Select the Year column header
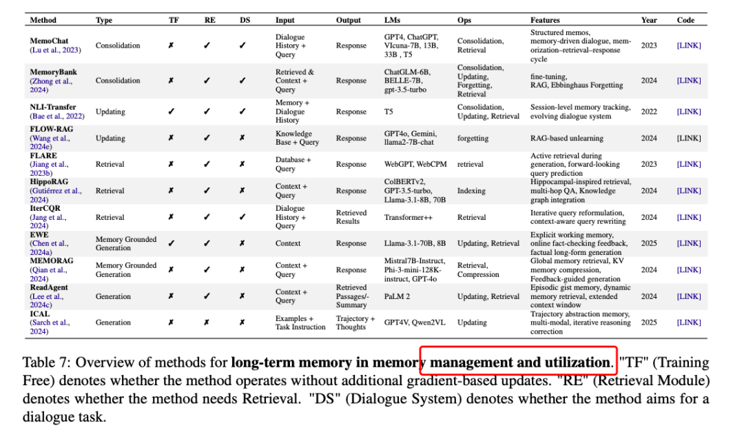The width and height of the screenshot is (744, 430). [649, 20]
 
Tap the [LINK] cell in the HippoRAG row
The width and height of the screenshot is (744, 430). [689, 191]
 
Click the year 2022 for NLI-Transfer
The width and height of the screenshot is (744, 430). [649, 112]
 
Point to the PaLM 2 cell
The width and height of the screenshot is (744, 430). [397, 296]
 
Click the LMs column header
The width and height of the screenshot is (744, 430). [392, 20]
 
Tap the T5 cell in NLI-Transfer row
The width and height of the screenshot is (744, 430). [389, 112]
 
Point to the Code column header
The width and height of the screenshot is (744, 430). [685, 20]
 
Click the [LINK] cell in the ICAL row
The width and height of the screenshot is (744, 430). [689, 322]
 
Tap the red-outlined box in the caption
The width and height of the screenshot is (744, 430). [518, 362]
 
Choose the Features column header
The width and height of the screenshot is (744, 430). [545, 20]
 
